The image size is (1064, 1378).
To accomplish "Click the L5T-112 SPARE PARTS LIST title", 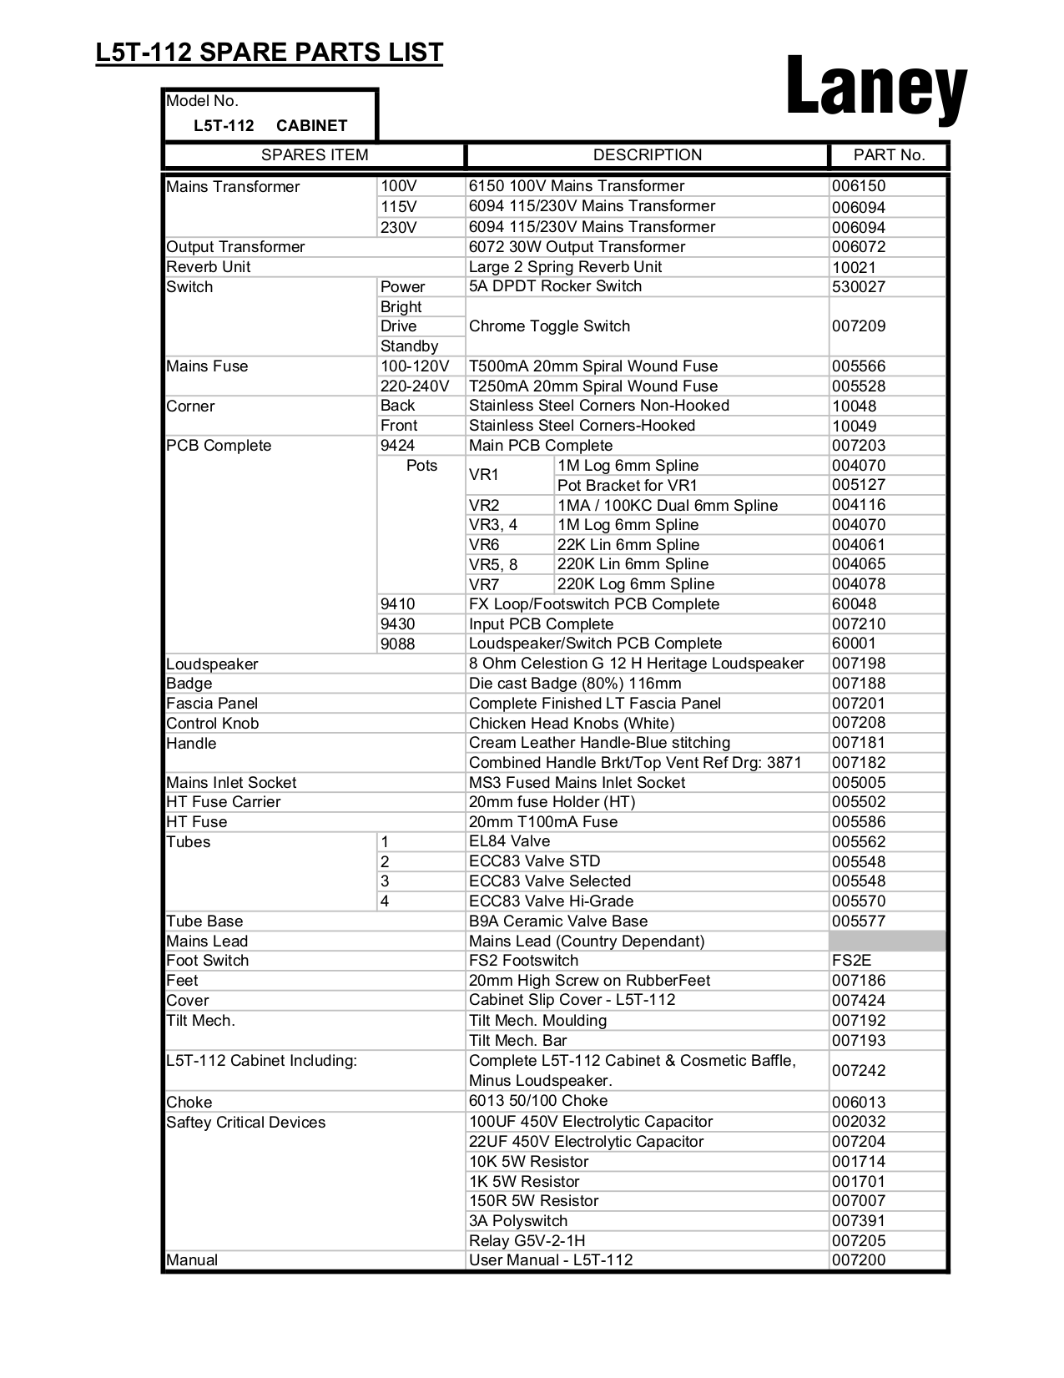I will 269,53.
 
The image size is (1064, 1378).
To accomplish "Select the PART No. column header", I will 889,155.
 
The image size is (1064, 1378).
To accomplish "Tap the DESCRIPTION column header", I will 647,155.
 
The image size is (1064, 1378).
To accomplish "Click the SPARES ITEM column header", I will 314,155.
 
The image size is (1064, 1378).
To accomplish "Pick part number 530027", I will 858,287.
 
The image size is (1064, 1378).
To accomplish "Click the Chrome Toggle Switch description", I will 549,326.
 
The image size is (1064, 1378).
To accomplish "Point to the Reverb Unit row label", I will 208,267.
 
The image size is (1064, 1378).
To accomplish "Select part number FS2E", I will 851,961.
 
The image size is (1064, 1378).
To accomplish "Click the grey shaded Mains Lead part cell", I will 887,941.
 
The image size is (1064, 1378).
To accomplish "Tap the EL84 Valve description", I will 509,841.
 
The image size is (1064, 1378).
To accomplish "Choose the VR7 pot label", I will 483,584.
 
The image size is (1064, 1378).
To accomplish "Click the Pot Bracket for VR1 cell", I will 627,486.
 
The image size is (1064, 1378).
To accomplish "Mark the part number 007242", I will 858,1071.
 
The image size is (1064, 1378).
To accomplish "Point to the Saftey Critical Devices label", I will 245,1123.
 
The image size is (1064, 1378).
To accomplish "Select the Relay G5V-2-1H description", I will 527,1241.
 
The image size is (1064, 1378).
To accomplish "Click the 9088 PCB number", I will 397,644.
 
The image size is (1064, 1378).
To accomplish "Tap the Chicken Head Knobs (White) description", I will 571,724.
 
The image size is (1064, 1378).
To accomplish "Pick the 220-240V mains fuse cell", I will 414,386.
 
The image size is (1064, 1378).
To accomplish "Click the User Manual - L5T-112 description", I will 550,1260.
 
